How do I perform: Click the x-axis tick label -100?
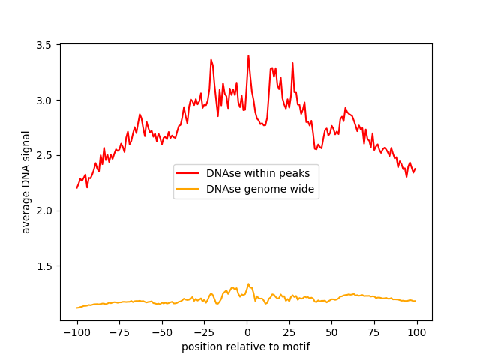pyautogui.click(x=76, y=332)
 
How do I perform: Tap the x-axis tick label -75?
pyautogui.click(x=119, y=332)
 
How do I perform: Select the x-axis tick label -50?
pyautogui.click(x=162, y=332)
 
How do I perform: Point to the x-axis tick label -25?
pyautogui.click(x=204, y=332)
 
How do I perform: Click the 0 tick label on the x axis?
pyautogui.click(x=247, y=332)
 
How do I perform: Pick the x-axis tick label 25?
pyautogui.click(x=289, y=332)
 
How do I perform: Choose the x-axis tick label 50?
pyautogui.click(x=331, y=332)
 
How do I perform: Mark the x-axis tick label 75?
pyautogui.click(x=374, y=332)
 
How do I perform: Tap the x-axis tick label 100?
pyautogui.click(x=417, y=332)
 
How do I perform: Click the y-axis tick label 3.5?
pyautogui.click(x=46, y=45)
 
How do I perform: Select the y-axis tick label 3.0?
pyautogui.click(x=46, y=100)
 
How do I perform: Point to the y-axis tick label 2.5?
pyautogui.click(x=46, y=155)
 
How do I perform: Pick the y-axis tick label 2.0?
pyautogui.click(x=46, y=211)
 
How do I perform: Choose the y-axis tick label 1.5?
pyautogui.click(x=46, y=266)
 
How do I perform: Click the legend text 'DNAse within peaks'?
pyautogui.click(x=258, y=173)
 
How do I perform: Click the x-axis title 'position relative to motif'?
pyautogui.click(x=246, y=346)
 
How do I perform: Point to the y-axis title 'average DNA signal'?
pyautogui.click(x=26, y=182)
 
